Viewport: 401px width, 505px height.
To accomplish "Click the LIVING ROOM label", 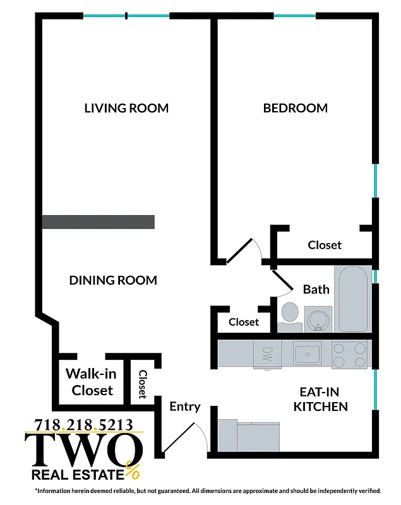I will [x=126, y=108].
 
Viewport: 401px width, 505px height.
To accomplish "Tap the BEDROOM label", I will [x=296, y=108].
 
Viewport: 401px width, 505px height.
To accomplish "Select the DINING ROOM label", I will [x=113, y=280].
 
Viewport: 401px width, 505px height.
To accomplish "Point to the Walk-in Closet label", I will [x=92, y=382].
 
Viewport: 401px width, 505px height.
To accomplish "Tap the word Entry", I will [x=185, y=407].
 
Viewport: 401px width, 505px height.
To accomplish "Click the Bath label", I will [x=316, y=290].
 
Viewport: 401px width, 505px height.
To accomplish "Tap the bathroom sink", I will [x=318, y=318].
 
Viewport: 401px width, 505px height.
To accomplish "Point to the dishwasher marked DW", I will [x=266, y=355].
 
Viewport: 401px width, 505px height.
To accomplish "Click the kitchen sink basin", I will [x=308, y=355].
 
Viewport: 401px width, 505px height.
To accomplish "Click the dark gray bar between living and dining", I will [x=98, y=222].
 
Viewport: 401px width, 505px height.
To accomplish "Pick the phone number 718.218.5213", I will [x=84, y=424].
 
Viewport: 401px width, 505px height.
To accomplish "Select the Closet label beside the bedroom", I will [x=325, y=245].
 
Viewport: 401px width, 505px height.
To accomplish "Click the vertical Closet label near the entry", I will [x=143, y=384].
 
